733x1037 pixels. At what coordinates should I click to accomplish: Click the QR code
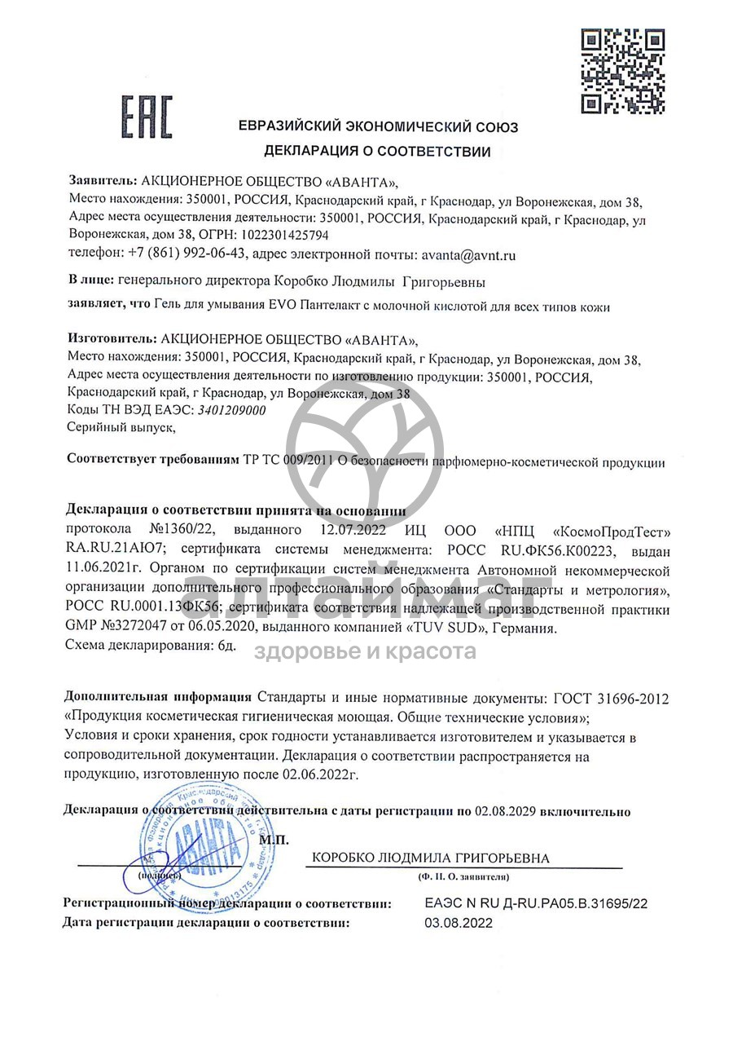(622, 71)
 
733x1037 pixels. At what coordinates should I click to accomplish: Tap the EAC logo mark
(147, 117)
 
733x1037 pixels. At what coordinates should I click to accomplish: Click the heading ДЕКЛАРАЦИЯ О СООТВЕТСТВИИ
(377, 152)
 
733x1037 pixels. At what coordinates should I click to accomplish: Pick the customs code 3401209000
(232, 411)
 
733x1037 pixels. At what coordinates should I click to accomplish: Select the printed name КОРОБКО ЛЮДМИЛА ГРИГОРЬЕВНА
(431, 858)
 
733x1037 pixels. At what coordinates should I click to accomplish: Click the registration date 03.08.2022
(459, 923)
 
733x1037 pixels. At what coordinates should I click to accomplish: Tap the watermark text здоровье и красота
(366, 651)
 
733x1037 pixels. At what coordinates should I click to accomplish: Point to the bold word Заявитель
(103, 181)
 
